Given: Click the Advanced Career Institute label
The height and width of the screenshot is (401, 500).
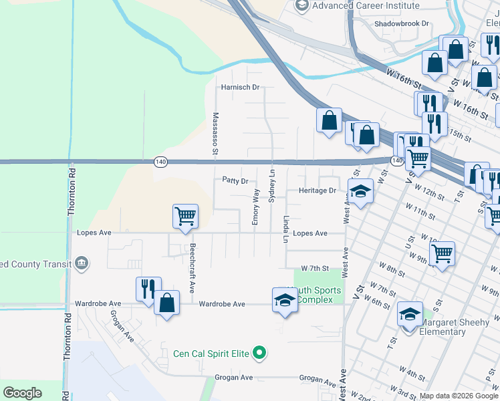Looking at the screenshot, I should pos(366,6).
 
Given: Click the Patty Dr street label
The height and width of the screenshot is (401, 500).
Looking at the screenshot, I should pos(235,181).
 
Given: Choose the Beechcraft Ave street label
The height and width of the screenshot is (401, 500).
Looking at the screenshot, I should pos(192,268).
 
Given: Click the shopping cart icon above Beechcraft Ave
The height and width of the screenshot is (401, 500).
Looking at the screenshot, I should pos(185,216).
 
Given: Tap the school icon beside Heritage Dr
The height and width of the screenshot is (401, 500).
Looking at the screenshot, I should pos(360,191).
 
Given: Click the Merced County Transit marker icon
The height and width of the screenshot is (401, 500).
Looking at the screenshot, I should pos(82,263).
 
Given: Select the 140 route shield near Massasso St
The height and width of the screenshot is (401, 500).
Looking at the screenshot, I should pos(160,162).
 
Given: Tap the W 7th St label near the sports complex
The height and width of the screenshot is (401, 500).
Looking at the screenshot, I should pos(315,268).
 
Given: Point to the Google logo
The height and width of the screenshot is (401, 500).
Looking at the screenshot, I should pos(22,393).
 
